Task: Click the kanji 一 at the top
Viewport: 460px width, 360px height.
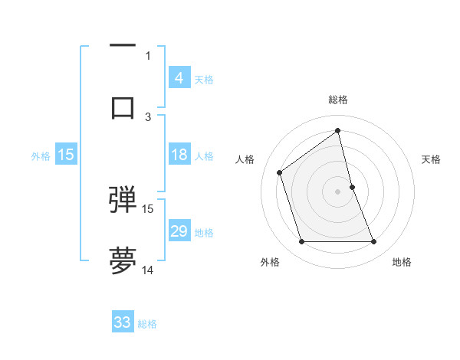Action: pos(123,47)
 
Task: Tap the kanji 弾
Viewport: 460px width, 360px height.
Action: pos(123,199)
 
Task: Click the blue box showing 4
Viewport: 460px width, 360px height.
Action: pos(179,77)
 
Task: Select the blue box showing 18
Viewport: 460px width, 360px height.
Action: pos(179,155)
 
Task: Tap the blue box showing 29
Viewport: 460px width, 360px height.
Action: pos(179,231)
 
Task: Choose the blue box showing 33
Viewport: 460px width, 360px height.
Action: pos(123,322)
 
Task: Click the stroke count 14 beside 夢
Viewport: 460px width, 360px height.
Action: pos(148,270)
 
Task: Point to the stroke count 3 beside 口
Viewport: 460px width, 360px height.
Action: pos(148,116)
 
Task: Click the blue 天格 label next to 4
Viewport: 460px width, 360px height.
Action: pos(204,79)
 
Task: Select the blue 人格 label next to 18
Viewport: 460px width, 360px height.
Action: pos(204,156)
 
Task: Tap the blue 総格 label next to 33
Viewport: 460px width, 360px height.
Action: pos(147,324)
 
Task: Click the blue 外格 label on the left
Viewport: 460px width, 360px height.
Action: pos(41,156)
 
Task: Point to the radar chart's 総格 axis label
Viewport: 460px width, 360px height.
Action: pos(338,100)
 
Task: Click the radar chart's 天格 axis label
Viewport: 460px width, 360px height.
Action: pos(432,159)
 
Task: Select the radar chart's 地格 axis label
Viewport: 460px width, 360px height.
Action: pos(402,262)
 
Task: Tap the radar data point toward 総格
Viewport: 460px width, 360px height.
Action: pos(338,131)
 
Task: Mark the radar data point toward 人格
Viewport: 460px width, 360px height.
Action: pos(280,172)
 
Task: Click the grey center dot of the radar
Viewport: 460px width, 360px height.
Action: pos(338,191)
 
